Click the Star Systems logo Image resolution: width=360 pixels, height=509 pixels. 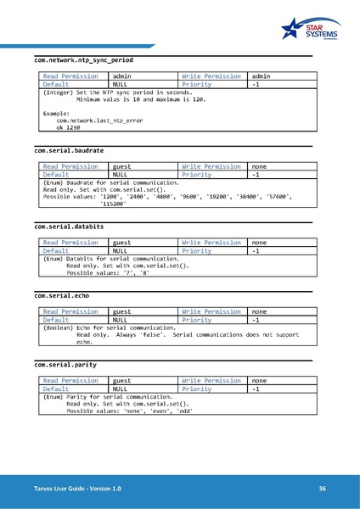pos(313,31)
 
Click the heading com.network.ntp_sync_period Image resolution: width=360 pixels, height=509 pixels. pos(83,61)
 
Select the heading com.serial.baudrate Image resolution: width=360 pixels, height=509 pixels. pos(69,150)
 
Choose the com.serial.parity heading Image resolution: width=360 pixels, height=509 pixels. pos(65,364)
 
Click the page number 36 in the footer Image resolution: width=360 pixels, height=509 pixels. pos(323,489)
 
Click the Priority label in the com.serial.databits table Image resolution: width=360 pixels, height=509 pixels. pos(197,250)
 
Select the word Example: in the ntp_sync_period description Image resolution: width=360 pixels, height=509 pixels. pos(56,114)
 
